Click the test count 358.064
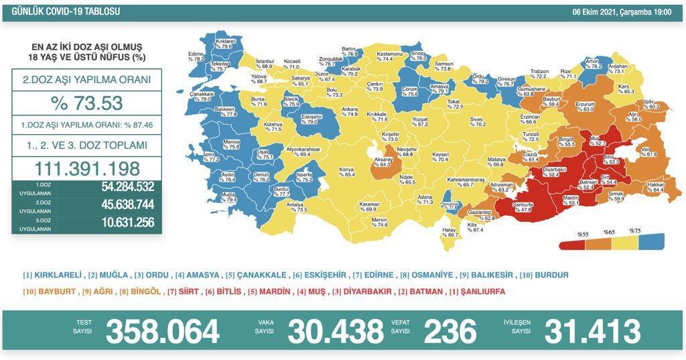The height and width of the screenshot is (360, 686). tap(162, 331)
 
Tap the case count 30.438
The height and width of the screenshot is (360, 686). tap(336, 331)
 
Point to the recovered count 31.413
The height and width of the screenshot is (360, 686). tap(592, 331)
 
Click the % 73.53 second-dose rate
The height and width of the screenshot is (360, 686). tap(86, 103)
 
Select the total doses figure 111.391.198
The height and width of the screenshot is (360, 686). tap(86, 168)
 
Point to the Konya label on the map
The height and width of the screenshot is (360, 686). tap(346, 171)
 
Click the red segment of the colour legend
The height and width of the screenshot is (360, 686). tap(570, 240)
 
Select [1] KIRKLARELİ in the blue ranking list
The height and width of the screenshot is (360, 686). tap(53, 275)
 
